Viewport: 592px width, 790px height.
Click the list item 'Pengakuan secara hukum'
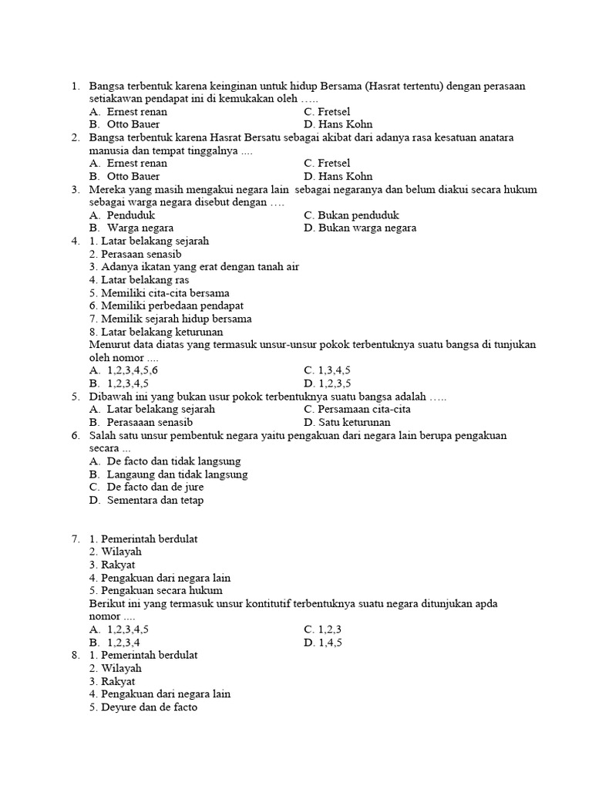point(150,591)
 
